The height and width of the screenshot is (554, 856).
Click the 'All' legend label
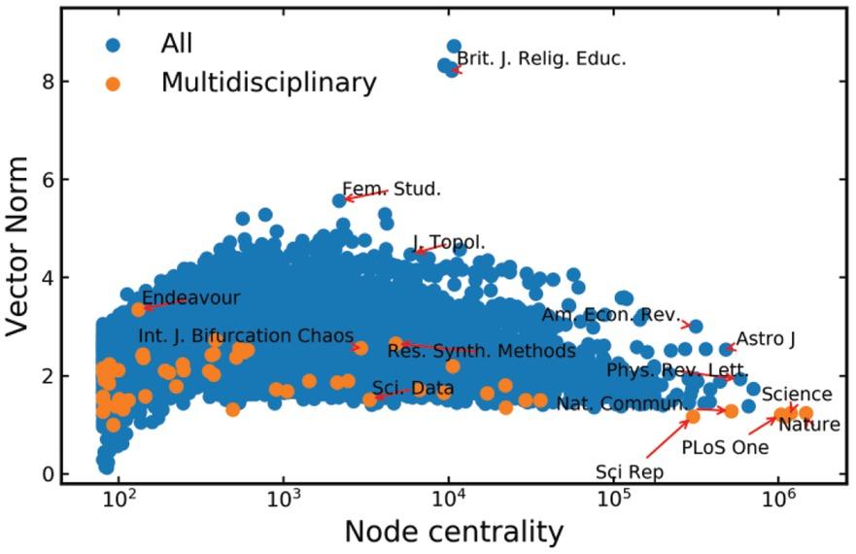coord(176,44)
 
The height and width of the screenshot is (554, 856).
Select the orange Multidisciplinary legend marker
coord(113,84)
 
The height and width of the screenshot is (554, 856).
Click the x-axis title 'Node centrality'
coord(454,532)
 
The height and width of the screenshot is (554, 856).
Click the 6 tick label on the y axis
coord(47,180)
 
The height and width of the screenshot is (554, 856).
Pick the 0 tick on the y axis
coord(47,474)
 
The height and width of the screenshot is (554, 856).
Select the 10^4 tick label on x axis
coord(448,501)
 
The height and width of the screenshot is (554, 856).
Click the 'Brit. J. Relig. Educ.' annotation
coord(541,58)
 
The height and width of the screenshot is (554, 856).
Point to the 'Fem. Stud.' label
coord(392,190)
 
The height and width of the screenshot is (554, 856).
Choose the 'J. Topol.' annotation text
coord(449,243)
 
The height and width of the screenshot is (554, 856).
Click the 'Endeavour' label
coord(190,297)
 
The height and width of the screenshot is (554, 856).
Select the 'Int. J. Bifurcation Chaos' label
coord(246,336)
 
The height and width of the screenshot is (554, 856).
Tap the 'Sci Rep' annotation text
coord(630,472)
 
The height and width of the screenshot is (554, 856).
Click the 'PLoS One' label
coord(724,448)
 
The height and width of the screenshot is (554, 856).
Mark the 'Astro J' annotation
coord(766,339)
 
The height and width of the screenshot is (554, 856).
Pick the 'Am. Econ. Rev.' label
coord(609,316)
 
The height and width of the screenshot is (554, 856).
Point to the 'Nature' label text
coord(808,425)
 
